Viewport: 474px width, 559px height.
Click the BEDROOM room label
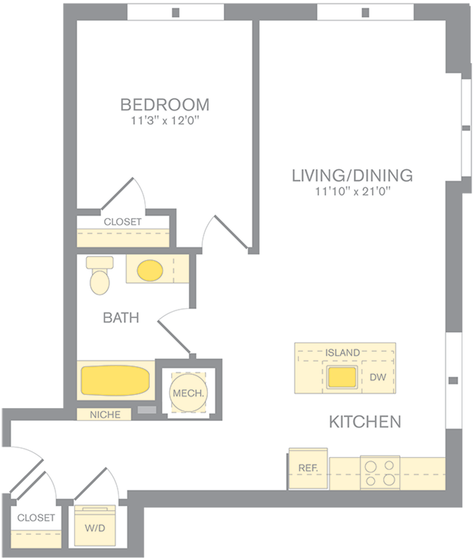tap(165, 105)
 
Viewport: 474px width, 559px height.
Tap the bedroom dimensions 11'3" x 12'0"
tap(165, 121)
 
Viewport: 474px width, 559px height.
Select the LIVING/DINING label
tap(352, 176)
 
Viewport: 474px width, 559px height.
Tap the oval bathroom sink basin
tap(150, 270)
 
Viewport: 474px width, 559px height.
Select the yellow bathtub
tap(115, 380)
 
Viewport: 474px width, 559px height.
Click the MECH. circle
tap(188, 393)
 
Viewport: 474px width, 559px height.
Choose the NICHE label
tap(105, 415)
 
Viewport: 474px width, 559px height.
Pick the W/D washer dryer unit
tap(95, 528)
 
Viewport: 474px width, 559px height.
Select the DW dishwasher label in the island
tap(378, 377)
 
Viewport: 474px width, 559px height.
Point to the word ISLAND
tap(342, 353)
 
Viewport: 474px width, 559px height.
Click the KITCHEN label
tap(365, 422)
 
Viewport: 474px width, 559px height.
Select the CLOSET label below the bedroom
tap(122, 222)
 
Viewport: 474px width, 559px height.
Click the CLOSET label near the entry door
tap(36, 518)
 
